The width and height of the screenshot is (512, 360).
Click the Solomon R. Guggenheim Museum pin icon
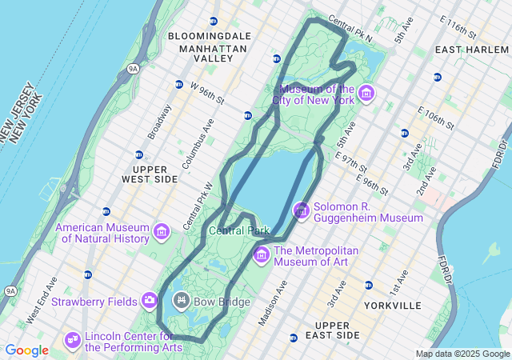tap(302, 211)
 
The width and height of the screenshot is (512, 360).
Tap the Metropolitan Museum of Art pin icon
tap(262, 255)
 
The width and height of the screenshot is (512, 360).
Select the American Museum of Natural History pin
tap(162, 232)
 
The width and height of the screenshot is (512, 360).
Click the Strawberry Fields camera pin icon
tap(150, 301)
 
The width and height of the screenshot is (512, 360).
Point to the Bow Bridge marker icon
tap(182, 301)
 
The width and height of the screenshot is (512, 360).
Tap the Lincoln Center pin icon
tap(73, 341)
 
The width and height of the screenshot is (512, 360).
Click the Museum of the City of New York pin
tap(366, 94)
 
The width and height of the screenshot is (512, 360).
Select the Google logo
tap(26, 350)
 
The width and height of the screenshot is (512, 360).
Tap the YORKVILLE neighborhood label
tap(393, 306)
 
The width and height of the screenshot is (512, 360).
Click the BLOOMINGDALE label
tap(210, 36)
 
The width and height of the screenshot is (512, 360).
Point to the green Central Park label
tap(239, 230)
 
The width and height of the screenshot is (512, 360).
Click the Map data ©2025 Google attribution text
tap(462, 354)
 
